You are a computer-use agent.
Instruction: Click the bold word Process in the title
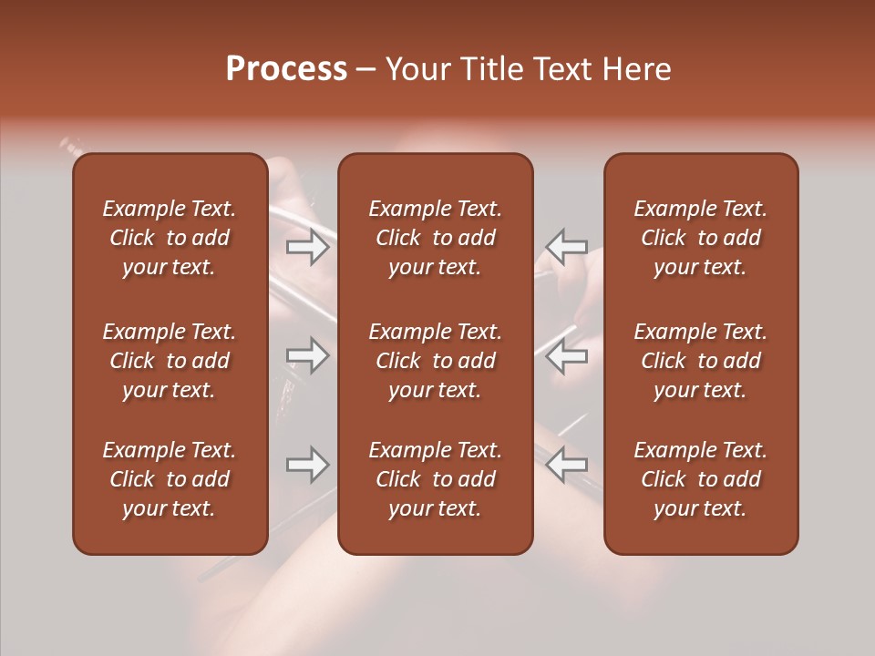(x=286, y=69)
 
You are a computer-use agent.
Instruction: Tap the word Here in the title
(x=638, y=69)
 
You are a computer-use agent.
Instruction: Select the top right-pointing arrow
(x=308, y=247)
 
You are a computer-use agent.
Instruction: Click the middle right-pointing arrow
(x=308, y=355)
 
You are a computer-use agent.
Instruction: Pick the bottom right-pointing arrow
(x=308, y=465)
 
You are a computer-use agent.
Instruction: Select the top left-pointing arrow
(x=566, y=247)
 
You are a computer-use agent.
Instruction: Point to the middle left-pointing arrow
(x=566, y=355)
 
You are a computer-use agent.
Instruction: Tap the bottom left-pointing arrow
(x=566, y=465)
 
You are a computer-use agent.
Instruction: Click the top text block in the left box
(x=170, y=238)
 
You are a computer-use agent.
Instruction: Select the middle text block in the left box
(x=170, y=361)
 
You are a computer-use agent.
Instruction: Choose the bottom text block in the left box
(x=170, y=479)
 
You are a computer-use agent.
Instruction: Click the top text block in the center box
(x=435, y=238)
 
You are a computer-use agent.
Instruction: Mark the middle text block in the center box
(x=435, y=361)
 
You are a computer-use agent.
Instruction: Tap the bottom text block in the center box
(x=435, y=479)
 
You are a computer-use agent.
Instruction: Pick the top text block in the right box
(x=701, y=238)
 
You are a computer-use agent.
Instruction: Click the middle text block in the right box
(x=701, y=361)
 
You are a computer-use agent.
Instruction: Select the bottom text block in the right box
(x=701, y=479)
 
